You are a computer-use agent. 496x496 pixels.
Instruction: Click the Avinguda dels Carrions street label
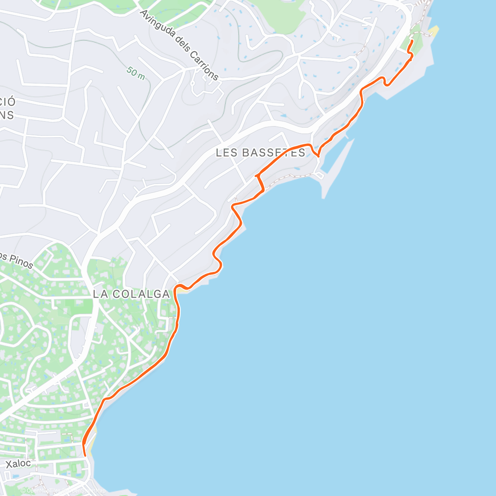[x=179, y=45]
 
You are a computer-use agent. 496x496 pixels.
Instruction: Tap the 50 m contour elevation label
[x=136, y=73]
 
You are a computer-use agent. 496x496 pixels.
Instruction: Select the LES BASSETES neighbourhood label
[x=260, y=153]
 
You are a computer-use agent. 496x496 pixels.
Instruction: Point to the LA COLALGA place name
[x=131, y=294]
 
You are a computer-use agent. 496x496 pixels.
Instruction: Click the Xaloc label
[x=18, y=464]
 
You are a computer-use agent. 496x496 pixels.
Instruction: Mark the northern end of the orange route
[x=412, y=41]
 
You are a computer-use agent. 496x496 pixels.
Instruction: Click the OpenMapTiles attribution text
[x=43, y=491]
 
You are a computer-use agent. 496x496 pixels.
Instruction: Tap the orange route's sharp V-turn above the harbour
[x=318, y=156]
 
